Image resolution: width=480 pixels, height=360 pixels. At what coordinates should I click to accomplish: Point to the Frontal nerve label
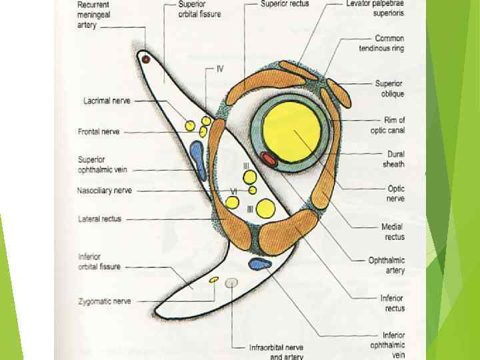99,132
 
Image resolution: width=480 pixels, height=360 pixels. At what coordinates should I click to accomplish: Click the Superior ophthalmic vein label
102,165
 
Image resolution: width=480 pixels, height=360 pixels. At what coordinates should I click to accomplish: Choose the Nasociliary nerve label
104,191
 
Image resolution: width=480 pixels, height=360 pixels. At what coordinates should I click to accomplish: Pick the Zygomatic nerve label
104,301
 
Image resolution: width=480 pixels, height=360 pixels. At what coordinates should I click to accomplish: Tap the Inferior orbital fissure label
99,262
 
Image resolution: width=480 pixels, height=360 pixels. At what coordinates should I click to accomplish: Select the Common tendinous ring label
381,43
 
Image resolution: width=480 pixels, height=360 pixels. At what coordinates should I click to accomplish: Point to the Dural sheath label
393,159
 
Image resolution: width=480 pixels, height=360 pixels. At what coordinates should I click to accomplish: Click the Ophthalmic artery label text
387,265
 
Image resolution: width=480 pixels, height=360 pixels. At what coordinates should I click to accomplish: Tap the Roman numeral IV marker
219,69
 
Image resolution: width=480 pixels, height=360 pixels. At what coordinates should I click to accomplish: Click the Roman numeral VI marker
233,191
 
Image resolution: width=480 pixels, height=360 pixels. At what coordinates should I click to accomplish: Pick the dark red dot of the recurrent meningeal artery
145,59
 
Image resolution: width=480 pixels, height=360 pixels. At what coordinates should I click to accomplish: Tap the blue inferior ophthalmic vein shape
260,265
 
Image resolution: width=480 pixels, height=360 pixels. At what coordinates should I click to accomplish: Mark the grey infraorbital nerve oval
231,283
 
